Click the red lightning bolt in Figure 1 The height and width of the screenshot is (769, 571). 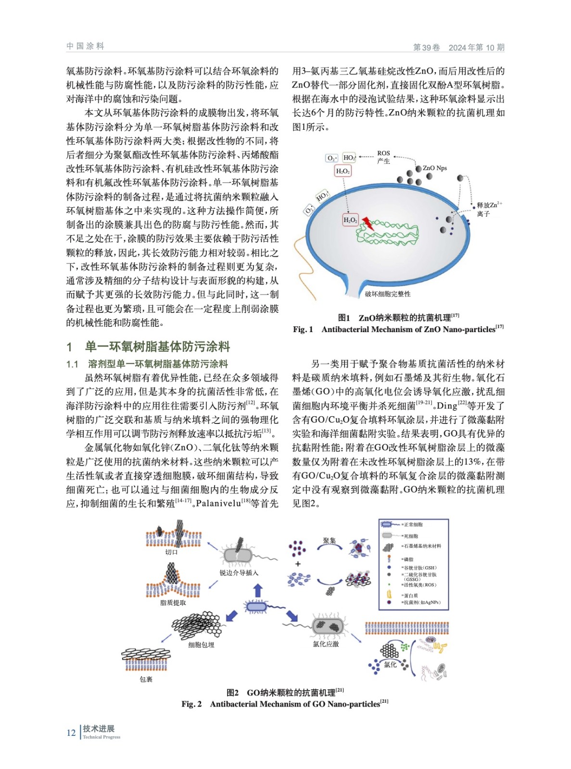pyautogui.click(x=368, y=223)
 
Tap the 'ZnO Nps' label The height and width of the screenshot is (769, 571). pyautogui.click(x=435, y=168)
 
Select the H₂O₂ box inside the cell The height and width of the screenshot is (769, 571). pyautogui.click(x=350, y=220)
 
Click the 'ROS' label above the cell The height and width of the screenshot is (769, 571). pyautogui.click(x=383, y=153)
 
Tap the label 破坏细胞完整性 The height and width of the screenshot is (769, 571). pyautogui.click(x=388, y=294)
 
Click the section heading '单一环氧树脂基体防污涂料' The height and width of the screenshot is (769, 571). pyautogui.click(x=157, y=347)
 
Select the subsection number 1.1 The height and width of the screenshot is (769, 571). pyautogui.click(x=72, y=364)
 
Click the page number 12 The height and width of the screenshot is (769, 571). pyautogui.click(x=71, y=732)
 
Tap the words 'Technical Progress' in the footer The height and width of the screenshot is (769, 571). pyautogui.click(x=102, y=737)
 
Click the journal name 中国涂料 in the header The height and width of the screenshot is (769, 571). pyautogui.click(x=85, y=46)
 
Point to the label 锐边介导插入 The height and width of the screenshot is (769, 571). pyautogui.click(x=239, y=573)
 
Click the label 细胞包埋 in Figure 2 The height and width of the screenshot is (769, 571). pyautogui.click(x=201, y=645)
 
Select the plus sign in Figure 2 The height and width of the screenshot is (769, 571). pyautogui.click(x=298, y=564)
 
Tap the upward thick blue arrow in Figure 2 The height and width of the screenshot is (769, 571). pyautogui.click(x=258, y=590)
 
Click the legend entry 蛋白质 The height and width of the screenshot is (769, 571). pyautogui.click(x=410, y=595)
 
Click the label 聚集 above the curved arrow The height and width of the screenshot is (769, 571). pyautogui.click(x=329, y=541)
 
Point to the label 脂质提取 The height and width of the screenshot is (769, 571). pyautogui.click(x=173, y=603)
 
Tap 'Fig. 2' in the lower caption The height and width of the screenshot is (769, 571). pyautogui.click(x=191, y=704)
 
